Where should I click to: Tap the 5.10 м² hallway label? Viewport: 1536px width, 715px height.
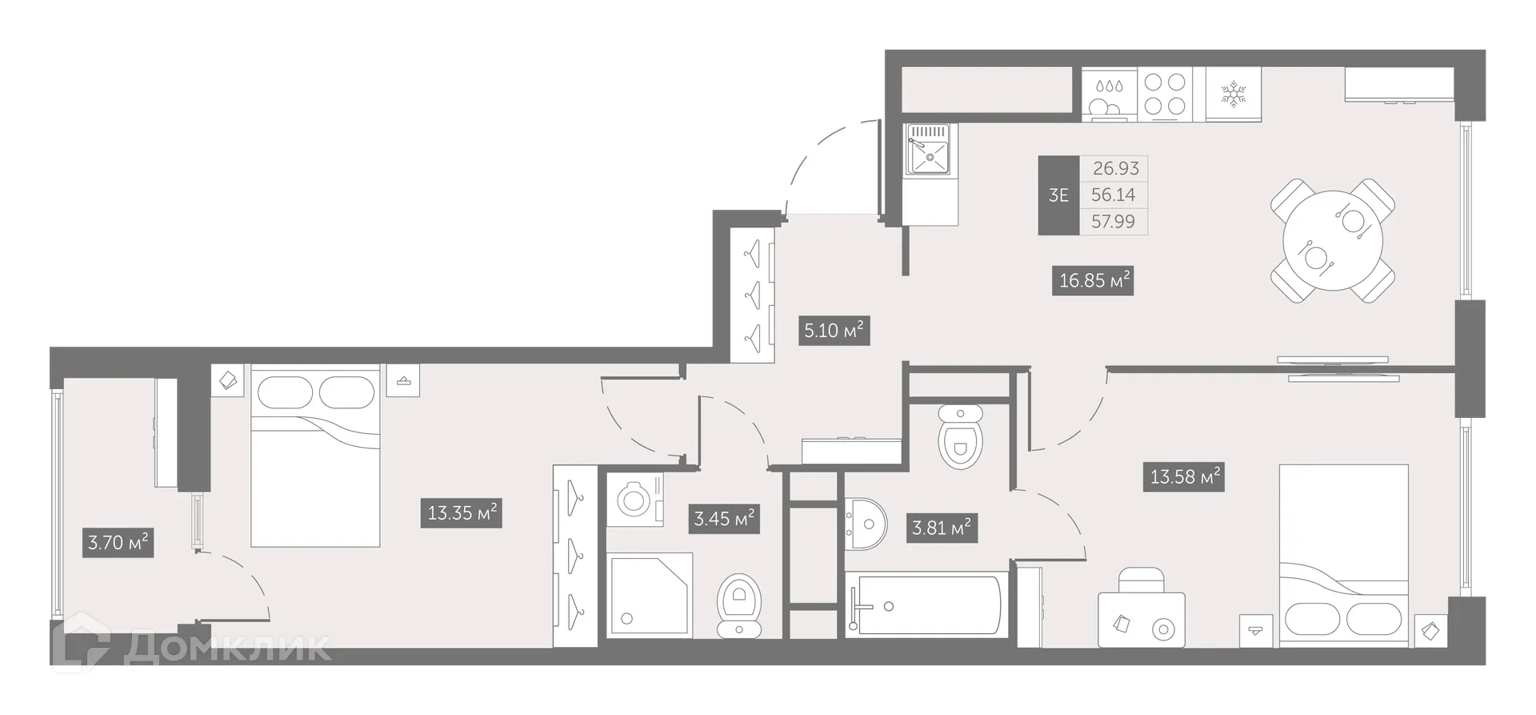point(834,330)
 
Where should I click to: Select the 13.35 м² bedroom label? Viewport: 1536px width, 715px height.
point(462,512)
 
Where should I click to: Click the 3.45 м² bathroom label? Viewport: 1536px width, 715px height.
point(724,518)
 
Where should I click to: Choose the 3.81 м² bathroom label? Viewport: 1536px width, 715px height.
point(942,528)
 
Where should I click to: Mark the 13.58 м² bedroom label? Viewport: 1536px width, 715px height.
point(1184,477)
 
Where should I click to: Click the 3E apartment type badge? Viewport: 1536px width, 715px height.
point(1058,195)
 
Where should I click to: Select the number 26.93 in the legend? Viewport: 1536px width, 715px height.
point(1115,169)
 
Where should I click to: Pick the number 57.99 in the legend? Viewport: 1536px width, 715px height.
point(1113,222)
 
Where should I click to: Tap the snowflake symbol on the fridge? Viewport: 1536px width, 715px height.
point(1233,94)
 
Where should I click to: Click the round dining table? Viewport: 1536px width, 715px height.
point(1332,241)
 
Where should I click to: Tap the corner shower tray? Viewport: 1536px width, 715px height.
point(650,595)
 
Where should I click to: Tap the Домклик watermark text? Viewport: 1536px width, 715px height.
point(228,648)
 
